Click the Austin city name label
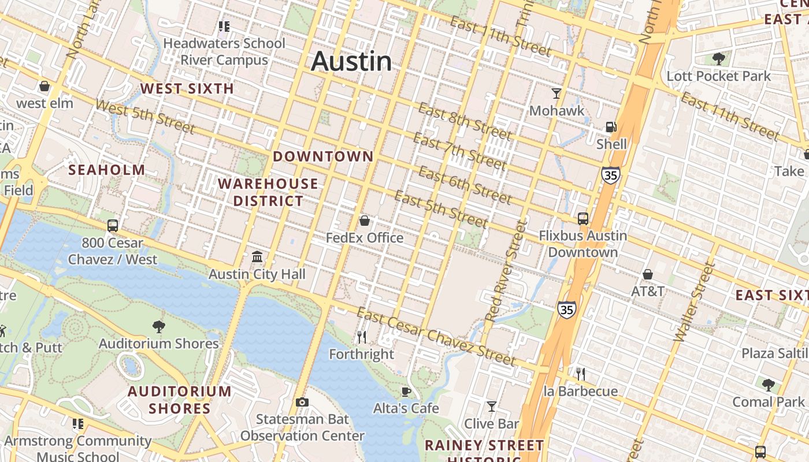tap(351, 62)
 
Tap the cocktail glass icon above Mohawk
tap(556, 93)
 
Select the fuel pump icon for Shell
tap(611, 127)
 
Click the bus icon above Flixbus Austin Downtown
tap(582, 219)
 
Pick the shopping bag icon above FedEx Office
tap(365, 221)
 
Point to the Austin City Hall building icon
tap(257, 256)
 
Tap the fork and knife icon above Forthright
tap(362, 337)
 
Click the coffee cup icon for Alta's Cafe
tap(406, 392)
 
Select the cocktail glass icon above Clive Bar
tap(491, 407)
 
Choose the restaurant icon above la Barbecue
tap(581, 374)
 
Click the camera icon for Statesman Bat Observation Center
tap(302, 402)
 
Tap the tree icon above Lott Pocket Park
tap(719, 58)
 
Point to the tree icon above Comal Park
tap(768, 384)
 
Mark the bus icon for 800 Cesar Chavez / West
tap(113, 226)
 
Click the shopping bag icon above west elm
tap(44, 87)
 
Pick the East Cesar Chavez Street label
tap(436, 337)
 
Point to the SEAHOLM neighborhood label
tap(107, 170)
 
